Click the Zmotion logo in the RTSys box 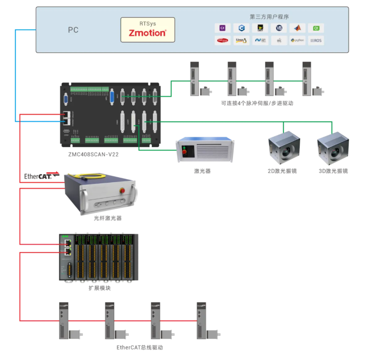(147, 33)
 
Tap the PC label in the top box (73, 30)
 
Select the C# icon (223, 28)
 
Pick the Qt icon (316, 28)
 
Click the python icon (297, 40)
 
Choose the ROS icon (316, 40)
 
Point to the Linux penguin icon (241, 40)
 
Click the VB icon (279, 28)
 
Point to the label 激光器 (202, 171)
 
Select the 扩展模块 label (99, 288)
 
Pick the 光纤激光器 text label (107, 218)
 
